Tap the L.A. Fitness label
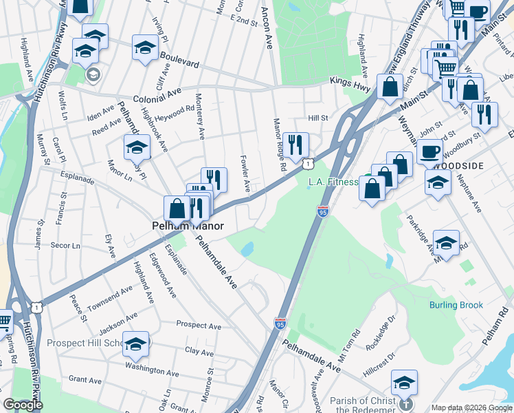tap(333, 182)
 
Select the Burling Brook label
tap(456, 305)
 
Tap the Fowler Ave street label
tap(245, 174)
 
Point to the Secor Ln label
tap(67, 245)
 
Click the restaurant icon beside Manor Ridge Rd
tap(295, 144)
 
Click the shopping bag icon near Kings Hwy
tap(390, 87)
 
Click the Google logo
tap(23, 405)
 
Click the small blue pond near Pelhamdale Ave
tap(248, 248)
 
